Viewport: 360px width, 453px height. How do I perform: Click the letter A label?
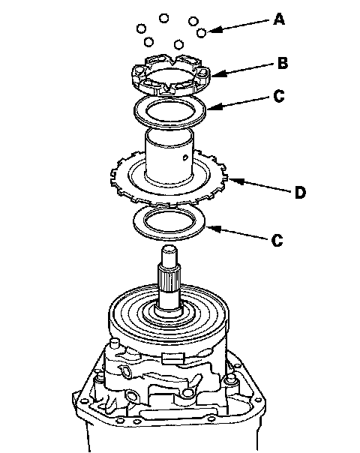pos(279,19)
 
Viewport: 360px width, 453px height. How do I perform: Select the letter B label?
pos(283,63)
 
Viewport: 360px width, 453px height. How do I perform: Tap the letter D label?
pos(300,193)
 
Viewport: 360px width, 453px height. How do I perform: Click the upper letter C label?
pos(279,96)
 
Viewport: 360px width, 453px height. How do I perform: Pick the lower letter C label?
pos(277,240)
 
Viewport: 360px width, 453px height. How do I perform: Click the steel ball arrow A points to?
pos(202,33)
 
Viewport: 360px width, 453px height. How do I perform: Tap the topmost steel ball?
pos(163,18)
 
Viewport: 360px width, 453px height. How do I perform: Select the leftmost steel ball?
pos(141,28)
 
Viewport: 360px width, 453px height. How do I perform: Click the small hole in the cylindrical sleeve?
pos(185,157)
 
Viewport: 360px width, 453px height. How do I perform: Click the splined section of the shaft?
pos(169,278)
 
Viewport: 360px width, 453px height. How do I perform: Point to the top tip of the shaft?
pos(169,247)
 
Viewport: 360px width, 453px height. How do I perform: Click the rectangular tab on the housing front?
pos(173,358)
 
